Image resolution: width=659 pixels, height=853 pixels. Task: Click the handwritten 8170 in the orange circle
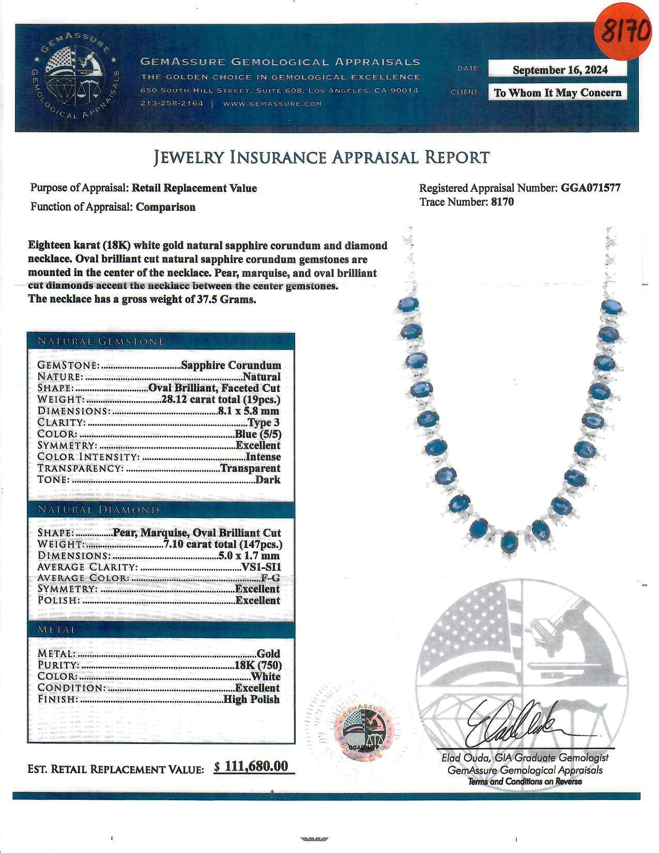[624, 32]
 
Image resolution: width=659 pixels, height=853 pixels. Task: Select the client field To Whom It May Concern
[558, 93]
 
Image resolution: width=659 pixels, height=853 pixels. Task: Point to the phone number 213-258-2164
[172, 103]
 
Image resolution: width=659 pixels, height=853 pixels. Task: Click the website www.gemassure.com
[272, 103]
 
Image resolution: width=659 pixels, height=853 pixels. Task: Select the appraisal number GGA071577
[590, 188]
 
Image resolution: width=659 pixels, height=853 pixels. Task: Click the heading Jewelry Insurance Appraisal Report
[321, 157]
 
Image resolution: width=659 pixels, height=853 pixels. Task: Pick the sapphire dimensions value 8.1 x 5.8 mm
[248, 411]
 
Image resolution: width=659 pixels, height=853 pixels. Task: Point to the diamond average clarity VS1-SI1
[262, 567]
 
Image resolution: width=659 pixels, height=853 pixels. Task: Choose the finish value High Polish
[252, 699]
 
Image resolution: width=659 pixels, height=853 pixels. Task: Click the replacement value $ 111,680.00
[251, 766]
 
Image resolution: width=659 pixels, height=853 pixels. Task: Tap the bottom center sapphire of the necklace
[509, 542]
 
